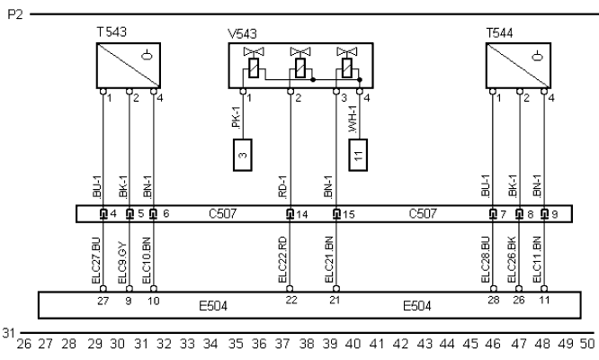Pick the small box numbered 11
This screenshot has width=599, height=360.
click(359, 154)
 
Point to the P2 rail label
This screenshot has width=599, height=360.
click(16, 15)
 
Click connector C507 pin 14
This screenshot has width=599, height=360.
click(291, 214)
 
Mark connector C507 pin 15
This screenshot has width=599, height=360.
click(337, 214)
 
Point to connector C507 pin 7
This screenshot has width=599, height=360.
click(494, 214)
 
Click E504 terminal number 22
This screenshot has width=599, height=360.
click(290, 299)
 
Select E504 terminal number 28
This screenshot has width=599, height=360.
click(494, 299)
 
